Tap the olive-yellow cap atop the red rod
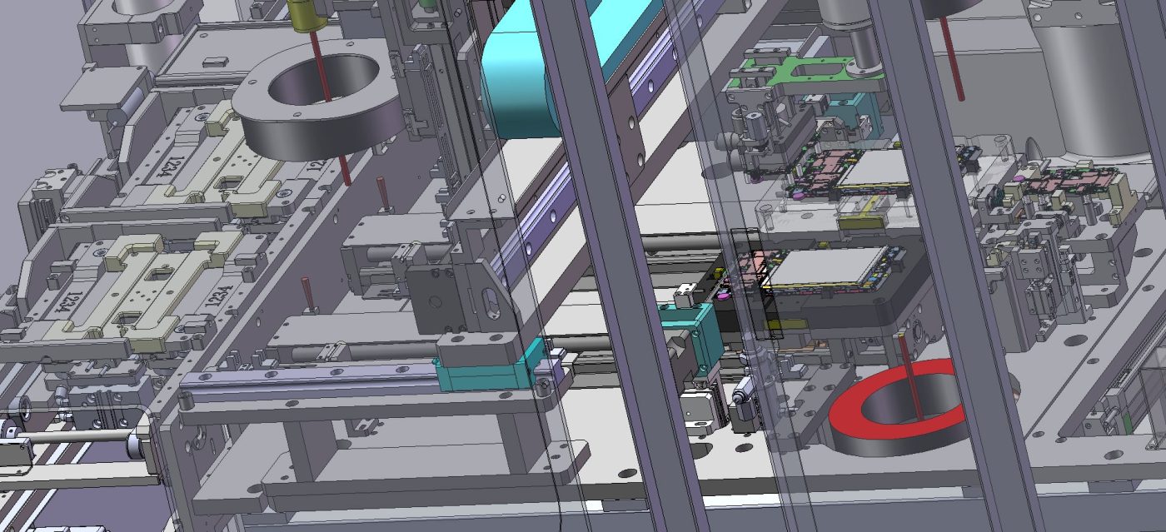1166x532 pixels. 303,13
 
